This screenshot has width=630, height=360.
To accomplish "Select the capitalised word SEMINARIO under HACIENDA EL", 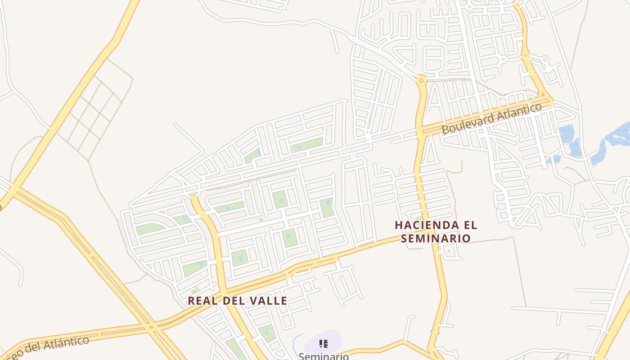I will [x=436, y=238].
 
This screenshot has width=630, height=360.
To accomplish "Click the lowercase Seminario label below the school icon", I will [x=323, y=356].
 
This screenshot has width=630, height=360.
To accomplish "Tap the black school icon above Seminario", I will [x=323, y=344].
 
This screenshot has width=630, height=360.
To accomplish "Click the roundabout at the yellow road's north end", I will [x=421, y=81].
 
